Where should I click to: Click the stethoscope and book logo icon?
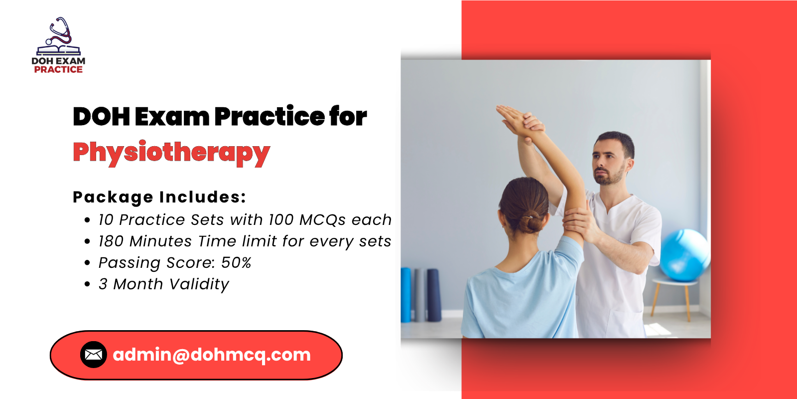click(x=59, y=36)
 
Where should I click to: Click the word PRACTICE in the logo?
click(x=58, y=69)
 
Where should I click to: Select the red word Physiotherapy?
click(x=171, y=153)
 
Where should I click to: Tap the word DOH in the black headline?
click(x=102, y=117)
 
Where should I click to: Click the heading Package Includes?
click(x=159, y=197)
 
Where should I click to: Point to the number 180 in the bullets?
click(x=111, y=241)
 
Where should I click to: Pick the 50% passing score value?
click(x=236, y=262)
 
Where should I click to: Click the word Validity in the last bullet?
click(x=199, y=284)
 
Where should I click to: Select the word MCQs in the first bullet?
click(x=322, y=220)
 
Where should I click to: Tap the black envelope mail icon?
click(x=94, y=355)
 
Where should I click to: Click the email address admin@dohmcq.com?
click(x=212, y=355)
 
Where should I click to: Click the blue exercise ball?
click(x=684, y=255)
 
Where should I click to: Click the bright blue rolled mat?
click(x=406, y=295)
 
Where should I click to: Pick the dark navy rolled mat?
click(x=434, y=295)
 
